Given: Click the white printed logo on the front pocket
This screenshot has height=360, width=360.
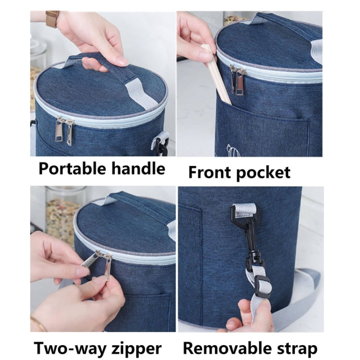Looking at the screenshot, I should (x=232, y=150).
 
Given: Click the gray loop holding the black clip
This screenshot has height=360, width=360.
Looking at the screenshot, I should (x=244, y=210).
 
